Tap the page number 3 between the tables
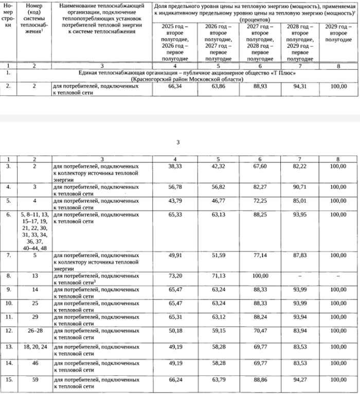click(178, 142)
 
